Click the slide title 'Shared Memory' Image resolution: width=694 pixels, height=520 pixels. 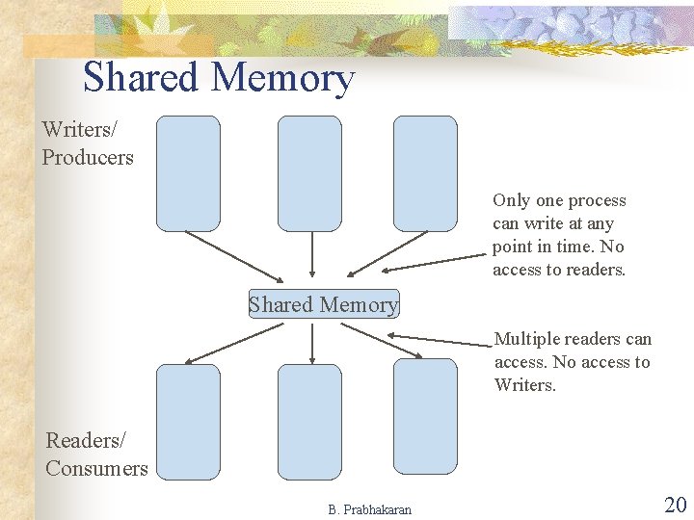(x=219, y=78)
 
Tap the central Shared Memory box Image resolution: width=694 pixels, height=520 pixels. (x=323, y=304)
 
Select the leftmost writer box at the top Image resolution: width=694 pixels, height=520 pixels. (x=188, y=173)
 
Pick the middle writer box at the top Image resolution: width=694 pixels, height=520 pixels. (x=309, y=173)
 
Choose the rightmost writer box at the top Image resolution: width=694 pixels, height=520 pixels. (x=425, y=173)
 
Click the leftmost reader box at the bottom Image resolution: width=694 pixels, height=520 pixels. (x=188, y=421)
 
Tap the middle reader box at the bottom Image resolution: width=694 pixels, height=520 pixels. (x=309, y=421)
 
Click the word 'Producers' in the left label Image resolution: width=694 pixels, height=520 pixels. (x=88, y=157)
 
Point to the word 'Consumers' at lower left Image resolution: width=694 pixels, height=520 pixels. (x=96, y=469)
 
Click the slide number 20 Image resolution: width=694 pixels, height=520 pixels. (x=674, y=504)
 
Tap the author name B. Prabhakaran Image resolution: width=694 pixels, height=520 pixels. (x=369, y=509)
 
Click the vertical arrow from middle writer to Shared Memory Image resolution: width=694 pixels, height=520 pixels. (x=311, y=255)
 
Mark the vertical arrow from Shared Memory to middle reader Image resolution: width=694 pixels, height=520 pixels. (x=311, y=343)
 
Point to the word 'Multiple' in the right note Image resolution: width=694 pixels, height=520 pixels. (x=526, y=339)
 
